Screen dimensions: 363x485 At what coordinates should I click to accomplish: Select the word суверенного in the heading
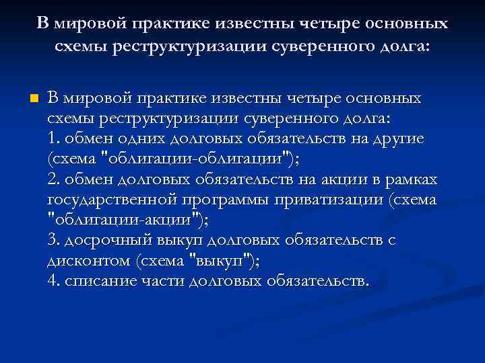288,47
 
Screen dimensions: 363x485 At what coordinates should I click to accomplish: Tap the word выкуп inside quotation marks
218,259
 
